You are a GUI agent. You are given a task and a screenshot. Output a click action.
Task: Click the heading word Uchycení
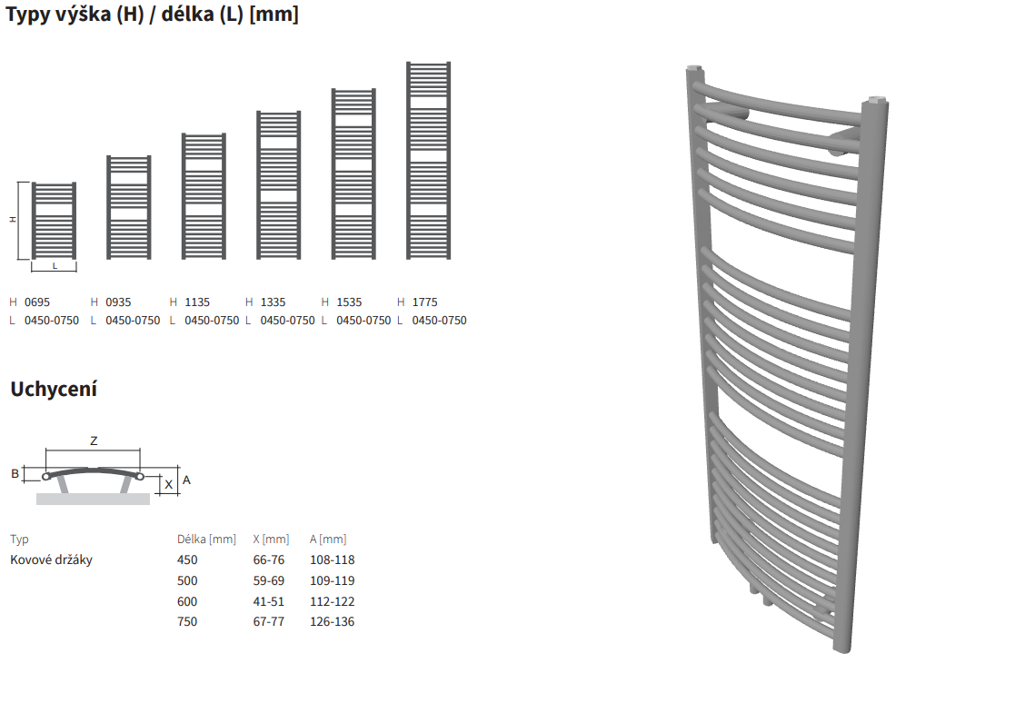tap(54, 390)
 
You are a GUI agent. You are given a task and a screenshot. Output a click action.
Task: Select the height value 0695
tap(37, 302)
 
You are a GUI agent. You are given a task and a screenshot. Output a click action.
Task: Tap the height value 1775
tap(424, 302)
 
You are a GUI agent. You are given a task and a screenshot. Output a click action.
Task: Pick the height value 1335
tap(273, 302)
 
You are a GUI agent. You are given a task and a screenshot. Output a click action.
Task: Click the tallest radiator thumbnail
tap(429, 161)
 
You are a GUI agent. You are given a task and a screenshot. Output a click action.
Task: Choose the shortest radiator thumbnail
tap(54, 222)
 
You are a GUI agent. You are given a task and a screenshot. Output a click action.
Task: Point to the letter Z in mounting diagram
tap(94, 441)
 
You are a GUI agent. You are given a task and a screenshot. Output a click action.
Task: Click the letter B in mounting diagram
tap(15, 474)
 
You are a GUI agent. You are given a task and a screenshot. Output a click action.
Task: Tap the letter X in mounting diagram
tap(169, 484)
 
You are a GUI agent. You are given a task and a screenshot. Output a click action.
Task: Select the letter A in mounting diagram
tap(186, 480)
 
